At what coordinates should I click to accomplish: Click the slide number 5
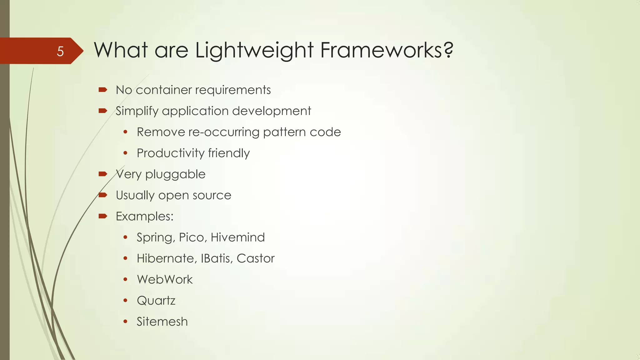[60, 51]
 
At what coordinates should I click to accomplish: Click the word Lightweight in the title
[254, 51]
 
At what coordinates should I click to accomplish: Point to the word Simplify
[137, 111]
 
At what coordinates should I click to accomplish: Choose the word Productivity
[170, 153]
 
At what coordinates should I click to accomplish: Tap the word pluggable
[175, 174]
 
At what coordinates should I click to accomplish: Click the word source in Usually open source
[212, 195]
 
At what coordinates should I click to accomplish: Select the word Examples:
[144, 216]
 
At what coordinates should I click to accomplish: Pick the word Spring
[156, 238]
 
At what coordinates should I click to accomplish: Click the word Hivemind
[237, 237]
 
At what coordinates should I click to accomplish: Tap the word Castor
[255, 258]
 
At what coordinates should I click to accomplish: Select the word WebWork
[165, 279]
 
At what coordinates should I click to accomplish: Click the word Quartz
[156, 301]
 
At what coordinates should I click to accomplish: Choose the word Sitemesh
[162, 322]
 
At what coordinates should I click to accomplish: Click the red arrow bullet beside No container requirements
[103, 90]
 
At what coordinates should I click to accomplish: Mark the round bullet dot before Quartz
[125, 301]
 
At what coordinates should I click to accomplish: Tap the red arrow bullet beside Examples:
[103, 216]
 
